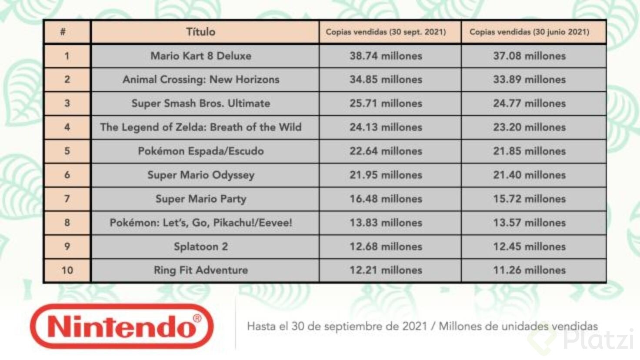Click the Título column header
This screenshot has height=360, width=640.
point(200,32)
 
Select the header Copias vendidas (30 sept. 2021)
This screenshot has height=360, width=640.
point(386,32)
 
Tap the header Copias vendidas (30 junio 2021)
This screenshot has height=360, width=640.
point(529,32)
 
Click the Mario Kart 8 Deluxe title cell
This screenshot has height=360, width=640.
point(201,56)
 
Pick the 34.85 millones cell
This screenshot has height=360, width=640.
point(386,80)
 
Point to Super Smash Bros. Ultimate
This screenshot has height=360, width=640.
point(201,103)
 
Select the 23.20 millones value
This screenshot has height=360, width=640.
point(529,127)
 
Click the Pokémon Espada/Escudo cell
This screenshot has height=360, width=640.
point(201,151)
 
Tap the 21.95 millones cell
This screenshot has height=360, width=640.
point(386,175)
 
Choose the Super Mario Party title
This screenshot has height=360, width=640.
point(201,199)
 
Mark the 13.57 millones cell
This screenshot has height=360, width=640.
point(529,223)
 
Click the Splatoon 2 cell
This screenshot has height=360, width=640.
point(201,247)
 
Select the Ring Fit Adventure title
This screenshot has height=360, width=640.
point(201,270)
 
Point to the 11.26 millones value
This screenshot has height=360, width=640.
point(529,270)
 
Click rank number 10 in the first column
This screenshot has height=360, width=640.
point(67,270)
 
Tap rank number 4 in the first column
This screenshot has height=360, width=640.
point(67,127)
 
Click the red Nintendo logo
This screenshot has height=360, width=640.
point(122,327)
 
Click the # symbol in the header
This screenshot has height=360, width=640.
point(63,32)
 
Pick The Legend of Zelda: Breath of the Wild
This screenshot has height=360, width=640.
point(201,127)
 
